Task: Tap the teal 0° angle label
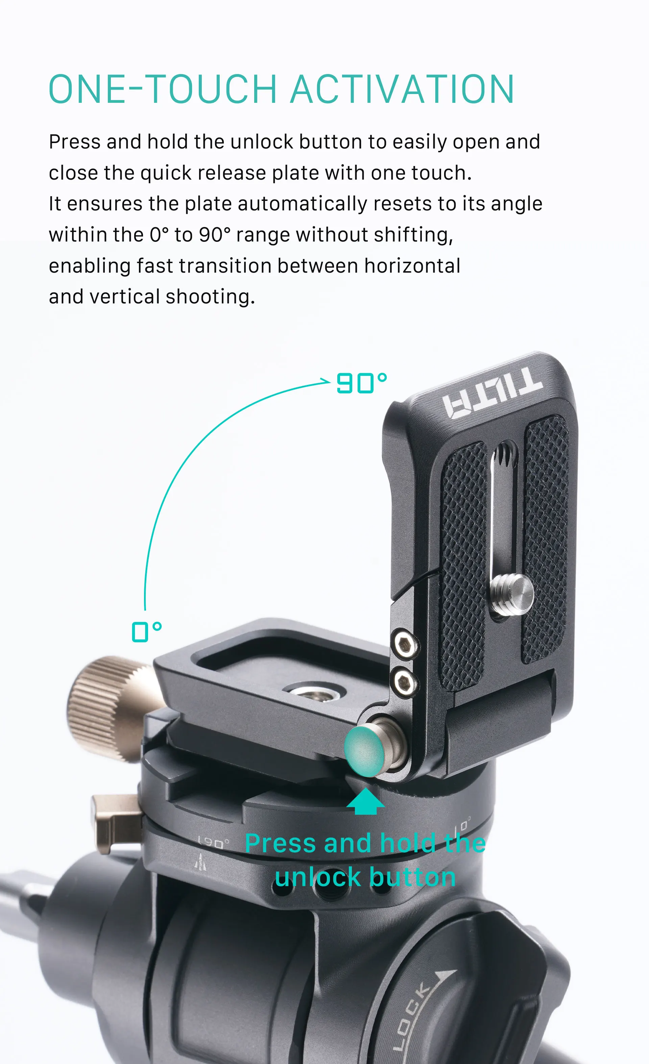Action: coord(147,632)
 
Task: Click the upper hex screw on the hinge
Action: coord(405,646)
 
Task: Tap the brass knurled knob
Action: coord(110,708)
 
